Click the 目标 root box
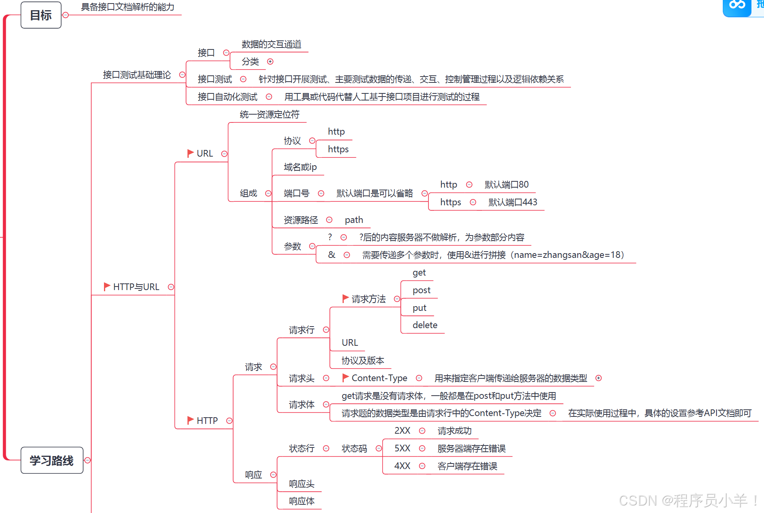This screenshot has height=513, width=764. point(41,15)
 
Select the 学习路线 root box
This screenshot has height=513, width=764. point(51,460)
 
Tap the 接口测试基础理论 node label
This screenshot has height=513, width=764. point(137,75)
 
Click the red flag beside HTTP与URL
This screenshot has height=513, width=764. point(107,287)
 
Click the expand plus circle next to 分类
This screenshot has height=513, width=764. point(270,62)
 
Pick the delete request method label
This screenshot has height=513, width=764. point(425,325)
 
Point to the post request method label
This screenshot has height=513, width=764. point(421,290)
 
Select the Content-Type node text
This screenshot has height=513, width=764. point(379,378)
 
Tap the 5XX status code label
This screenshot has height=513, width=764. point(402,448)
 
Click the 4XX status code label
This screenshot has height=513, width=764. point(402,466)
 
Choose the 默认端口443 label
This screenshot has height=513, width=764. point(512,202)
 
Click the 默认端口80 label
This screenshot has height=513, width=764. point(506,184)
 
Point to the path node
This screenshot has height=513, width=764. point(354,220)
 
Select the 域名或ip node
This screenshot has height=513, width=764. point(300,167)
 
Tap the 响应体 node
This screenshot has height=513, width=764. point(301,501)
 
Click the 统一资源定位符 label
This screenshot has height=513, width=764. point(269,115)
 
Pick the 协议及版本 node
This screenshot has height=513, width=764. point(363,360)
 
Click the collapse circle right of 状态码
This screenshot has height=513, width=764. point(379,448)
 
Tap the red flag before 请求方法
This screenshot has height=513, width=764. point(345,298)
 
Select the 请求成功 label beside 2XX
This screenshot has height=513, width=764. point(454,431)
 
